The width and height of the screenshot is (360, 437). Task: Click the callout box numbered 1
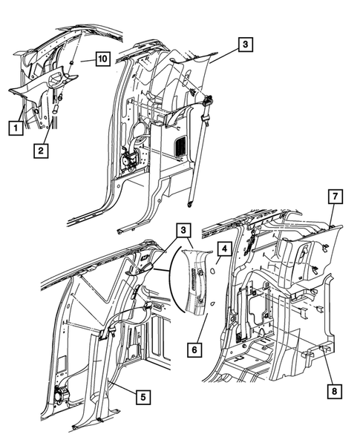(x=13, y=127)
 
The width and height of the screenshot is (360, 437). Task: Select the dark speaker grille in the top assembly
(x=178, y=147)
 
